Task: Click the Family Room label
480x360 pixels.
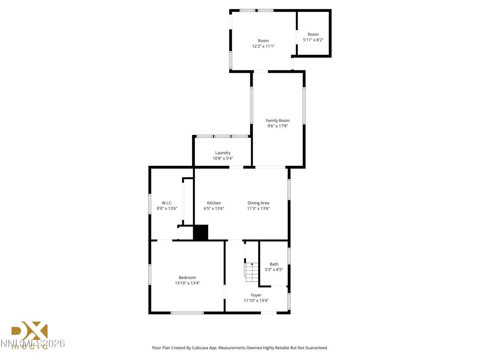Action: [277, 120]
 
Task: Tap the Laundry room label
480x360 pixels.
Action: [223, 153]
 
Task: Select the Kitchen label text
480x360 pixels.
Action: [214, 203]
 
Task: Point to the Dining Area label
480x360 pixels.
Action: [258, 203]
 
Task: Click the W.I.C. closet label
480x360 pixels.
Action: [167, 203]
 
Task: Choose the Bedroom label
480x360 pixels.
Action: [187, 277]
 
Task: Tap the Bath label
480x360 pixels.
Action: [274, 264]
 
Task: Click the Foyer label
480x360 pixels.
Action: [256, 295]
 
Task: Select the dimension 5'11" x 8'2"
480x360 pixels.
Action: [313, 40]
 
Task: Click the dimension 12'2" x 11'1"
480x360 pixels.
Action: [263, 46]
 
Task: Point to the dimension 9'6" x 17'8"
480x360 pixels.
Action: [277, 126]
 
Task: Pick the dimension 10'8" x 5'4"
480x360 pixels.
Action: [223, 158]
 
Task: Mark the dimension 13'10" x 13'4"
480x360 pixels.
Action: [187, 283]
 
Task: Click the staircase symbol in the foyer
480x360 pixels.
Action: [252, 272]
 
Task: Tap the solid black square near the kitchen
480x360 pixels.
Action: [201, 232]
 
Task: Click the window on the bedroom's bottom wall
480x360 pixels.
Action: [187, 312]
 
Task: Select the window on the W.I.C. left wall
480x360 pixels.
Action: [150, 204]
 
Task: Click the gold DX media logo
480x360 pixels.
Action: [30, 334]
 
